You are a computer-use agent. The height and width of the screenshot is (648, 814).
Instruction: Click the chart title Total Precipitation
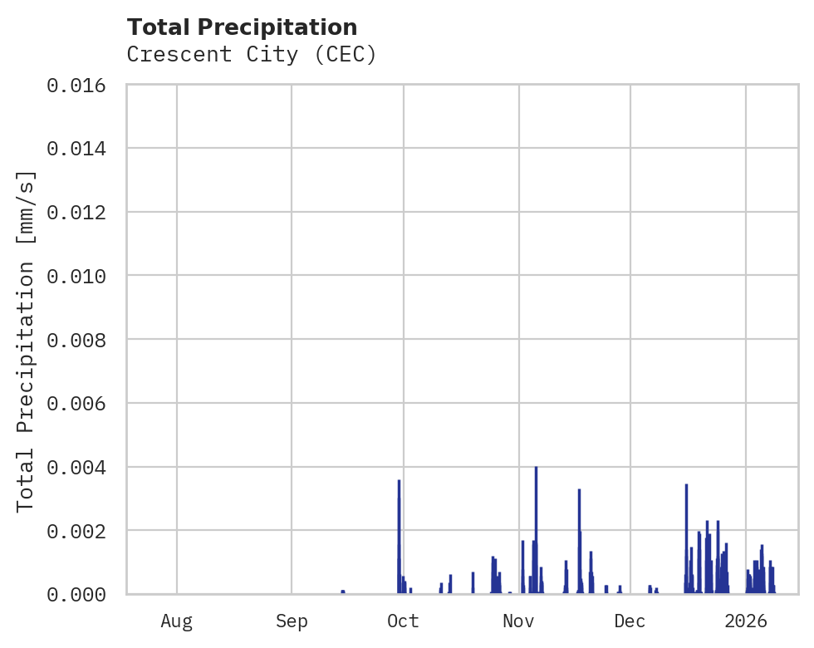243,27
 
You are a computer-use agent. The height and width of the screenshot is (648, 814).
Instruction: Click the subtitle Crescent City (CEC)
252,55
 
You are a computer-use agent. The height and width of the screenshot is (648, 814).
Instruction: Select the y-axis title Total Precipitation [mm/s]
27,340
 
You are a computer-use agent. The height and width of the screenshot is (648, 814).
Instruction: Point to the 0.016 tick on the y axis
82,85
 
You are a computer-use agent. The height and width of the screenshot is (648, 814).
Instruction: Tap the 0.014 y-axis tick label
82,149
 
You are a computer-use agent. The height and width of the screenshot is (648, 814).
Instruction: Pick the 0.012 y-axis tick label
82,212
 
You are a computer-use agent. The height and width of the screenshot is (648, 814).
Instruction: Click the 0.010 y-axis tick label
82,276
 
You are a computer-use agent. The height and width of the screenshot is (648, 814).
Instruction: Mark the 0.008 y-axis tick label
82,340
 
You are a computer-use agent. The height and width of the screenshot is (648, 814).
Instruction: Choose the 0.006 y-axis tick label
82,403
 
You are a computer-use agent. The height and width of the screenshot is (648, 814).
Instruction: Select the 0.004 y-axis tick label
82,467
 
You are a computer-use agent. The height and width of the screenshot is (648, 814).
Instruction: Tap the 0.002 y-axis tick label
82,530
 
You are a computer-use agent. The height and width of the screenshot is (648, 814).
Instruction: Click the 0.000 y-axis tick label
82,594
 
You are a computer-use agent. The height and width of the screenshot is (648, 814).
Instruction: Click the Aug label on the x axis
177,621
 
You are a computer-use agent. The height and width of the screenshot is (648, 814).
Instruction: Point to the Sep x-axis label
292,621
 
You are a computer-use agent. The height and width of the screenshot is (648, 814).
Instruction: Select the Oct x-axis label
404,621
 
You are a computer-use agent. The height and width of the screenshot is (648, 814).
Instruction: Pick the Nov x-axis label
518,621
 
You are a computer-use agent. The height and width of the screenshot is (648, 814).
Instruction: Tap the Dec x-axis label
630,621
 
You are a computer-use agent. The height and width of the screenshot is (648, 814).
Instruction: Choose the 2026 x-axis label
745,621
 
